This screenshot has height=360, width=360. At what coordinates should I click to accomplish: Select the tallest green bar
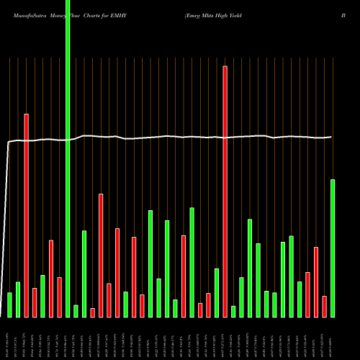coord(68,158)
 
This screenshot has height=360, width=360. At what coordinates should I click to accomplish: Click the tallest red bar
coord(225,191)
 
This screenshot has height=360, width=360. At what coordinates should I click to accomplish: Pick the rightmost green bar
coord(333,248)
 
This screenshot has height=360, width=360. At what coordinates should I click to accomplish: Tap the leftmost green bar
coord(9,305)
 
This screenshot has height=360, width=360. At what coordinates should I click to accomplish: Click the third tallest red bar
coord(101,255)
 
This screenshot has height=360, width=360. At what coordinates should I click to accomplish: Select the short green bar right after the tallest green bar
coord(76,311)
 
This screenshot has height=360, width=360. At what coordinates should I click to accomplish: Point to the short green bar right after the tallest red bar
coord(233,311)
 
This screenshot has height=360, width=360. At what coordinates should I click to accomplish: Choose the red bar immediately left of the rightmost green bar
coord(324,306)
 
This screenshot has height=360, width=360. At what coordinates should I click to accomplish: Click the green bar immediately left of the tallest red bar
coord(217,292)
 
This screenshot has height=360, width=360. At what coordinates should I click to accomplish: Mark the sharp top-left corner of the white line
coord(9,143)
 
